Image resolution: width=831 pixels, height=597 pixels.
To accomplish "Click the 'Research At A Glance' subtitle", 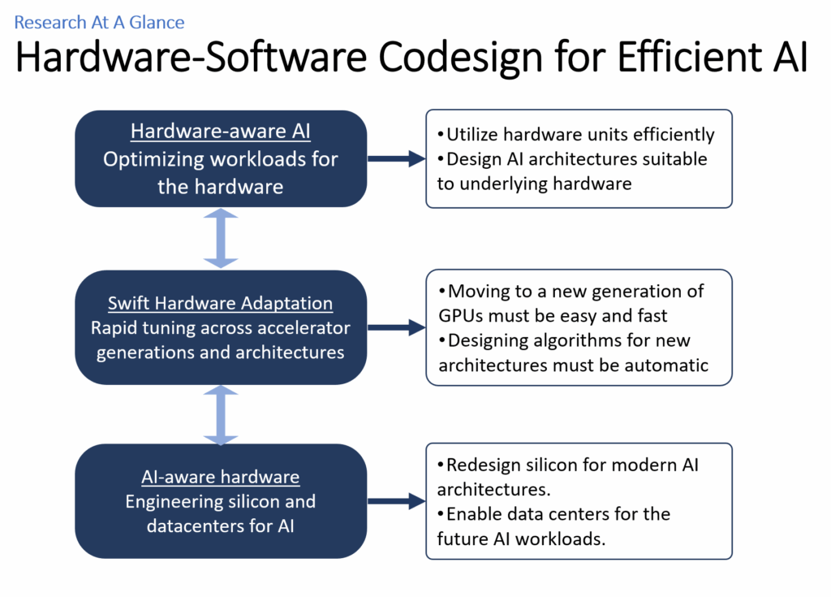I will (x=99, y=22).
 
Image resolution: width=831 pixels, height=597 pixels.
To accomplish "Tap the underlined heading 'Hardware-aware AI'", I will (x=221, y=132).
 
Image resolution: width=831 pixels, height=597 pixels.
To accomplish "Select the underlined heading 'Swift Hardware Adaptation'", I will (x=221, y=304).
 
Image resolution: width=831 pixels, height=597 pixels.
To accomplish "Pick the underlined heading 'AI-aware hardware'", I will (x=221, y=477).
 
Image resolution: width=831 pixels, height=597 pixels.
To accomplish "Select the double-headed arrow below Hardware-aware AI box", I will (x=221, y=238).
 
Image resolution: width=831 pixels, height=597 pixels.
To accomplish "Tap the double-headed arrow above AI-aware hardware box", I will (x=221, y=414).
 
